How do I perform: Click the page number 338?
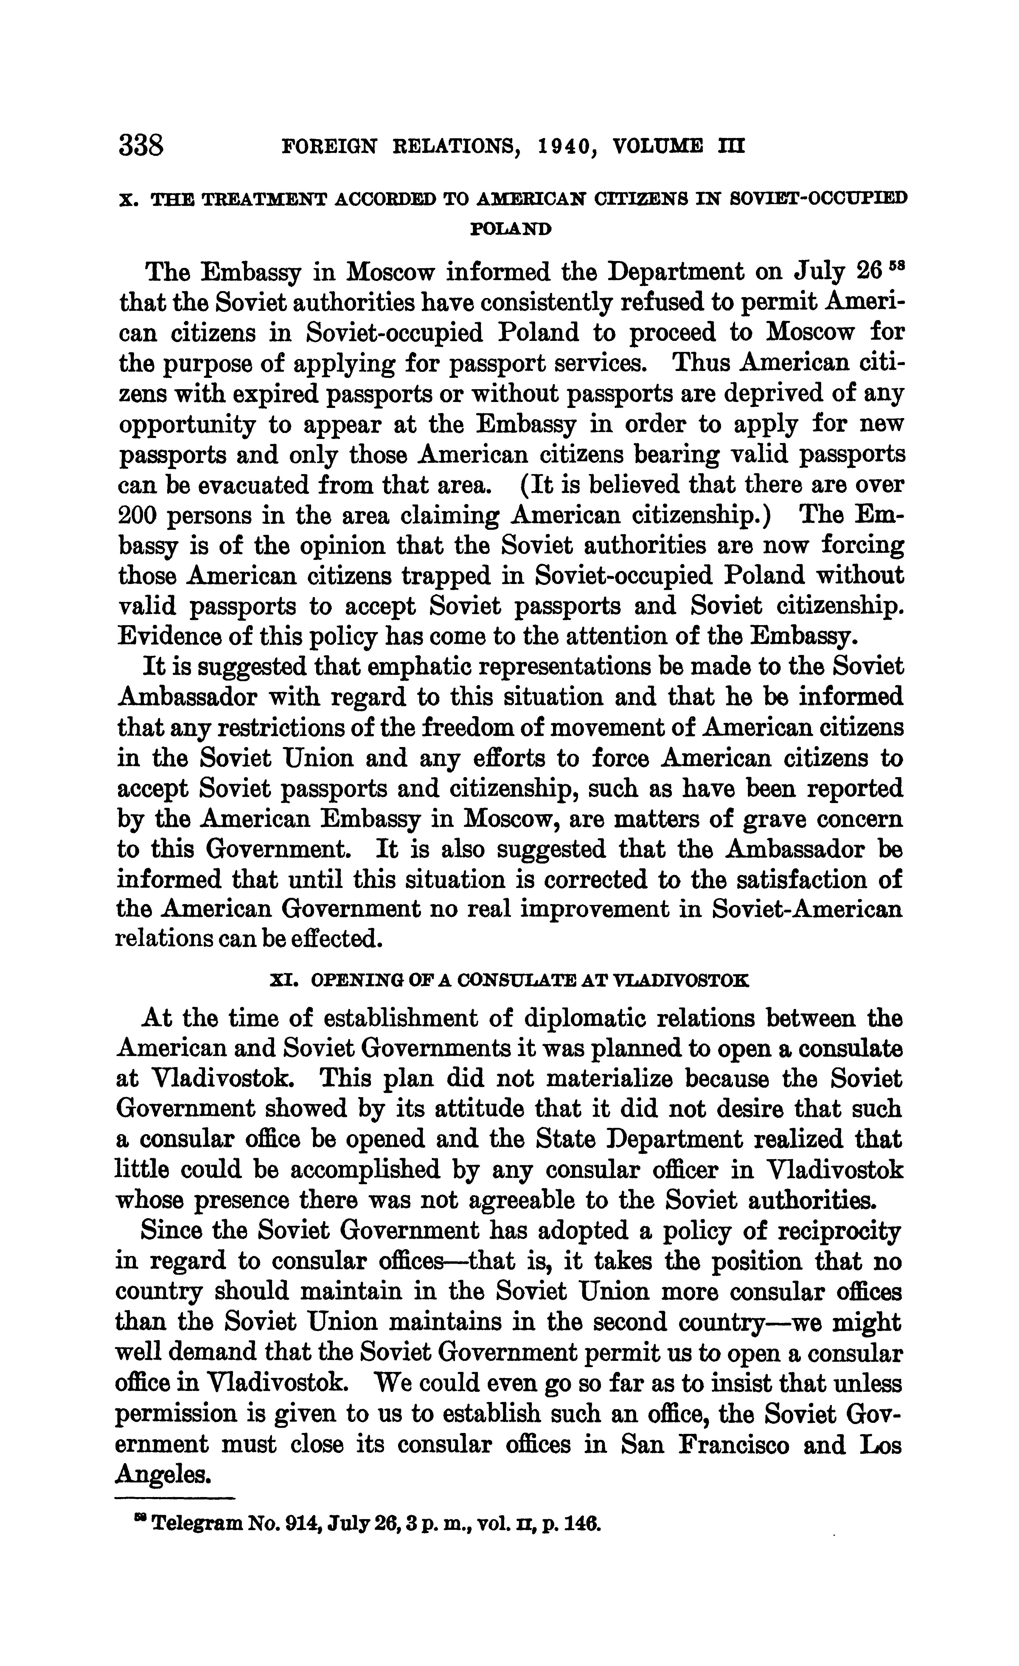(141, 145)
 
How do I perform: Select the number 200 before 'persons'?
(136, 516)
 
